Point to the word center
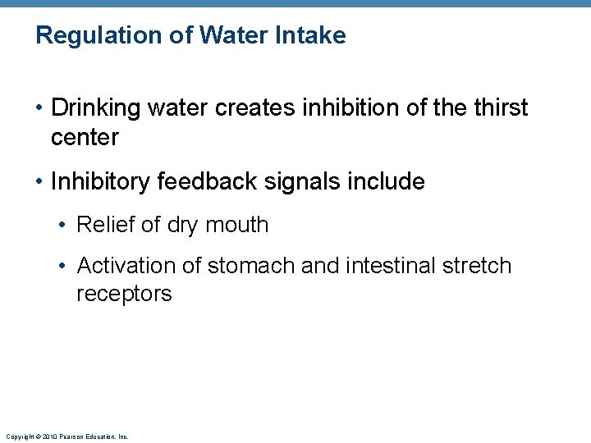[x=85, y=137]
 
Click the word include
[x=388, y=181]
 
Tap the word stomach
[x=251, y=266]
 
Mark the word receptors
[x=124, y=294]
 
